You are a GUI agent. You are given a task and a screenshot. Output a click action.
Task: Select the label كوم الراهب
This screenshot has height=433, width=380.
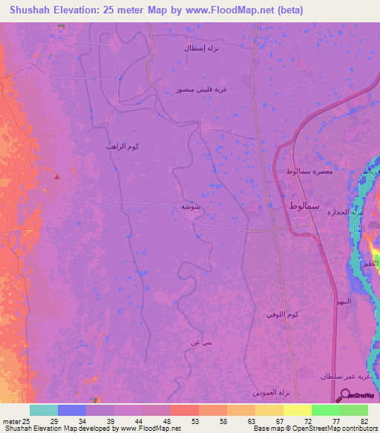point(122,147)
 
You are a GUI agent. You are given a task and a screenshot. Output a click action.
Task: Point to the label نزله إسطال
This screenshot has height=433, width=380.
point(201,48)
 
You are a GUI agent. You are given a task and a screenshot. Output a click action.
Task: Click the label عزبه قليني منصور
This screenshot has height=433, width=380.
point(201,89)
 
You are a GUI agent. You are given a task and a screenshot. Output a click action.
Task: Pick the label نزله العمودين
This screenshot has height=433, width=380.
point(275,392)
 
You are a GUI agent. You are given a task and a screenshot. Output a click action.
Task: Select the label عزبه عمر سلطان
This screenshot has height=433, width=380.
point(341,377)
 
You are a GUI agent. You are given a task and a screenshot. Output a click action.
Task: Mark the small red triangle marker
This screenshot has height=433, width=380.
point(57,176)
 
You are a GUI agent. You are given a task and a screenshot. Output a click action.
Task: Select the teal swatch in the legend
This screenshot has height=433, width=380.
point(44,410)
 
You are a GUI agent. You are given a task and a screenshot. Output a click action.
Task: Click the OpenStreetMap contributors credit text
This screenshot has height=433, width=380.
point(327,429)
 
